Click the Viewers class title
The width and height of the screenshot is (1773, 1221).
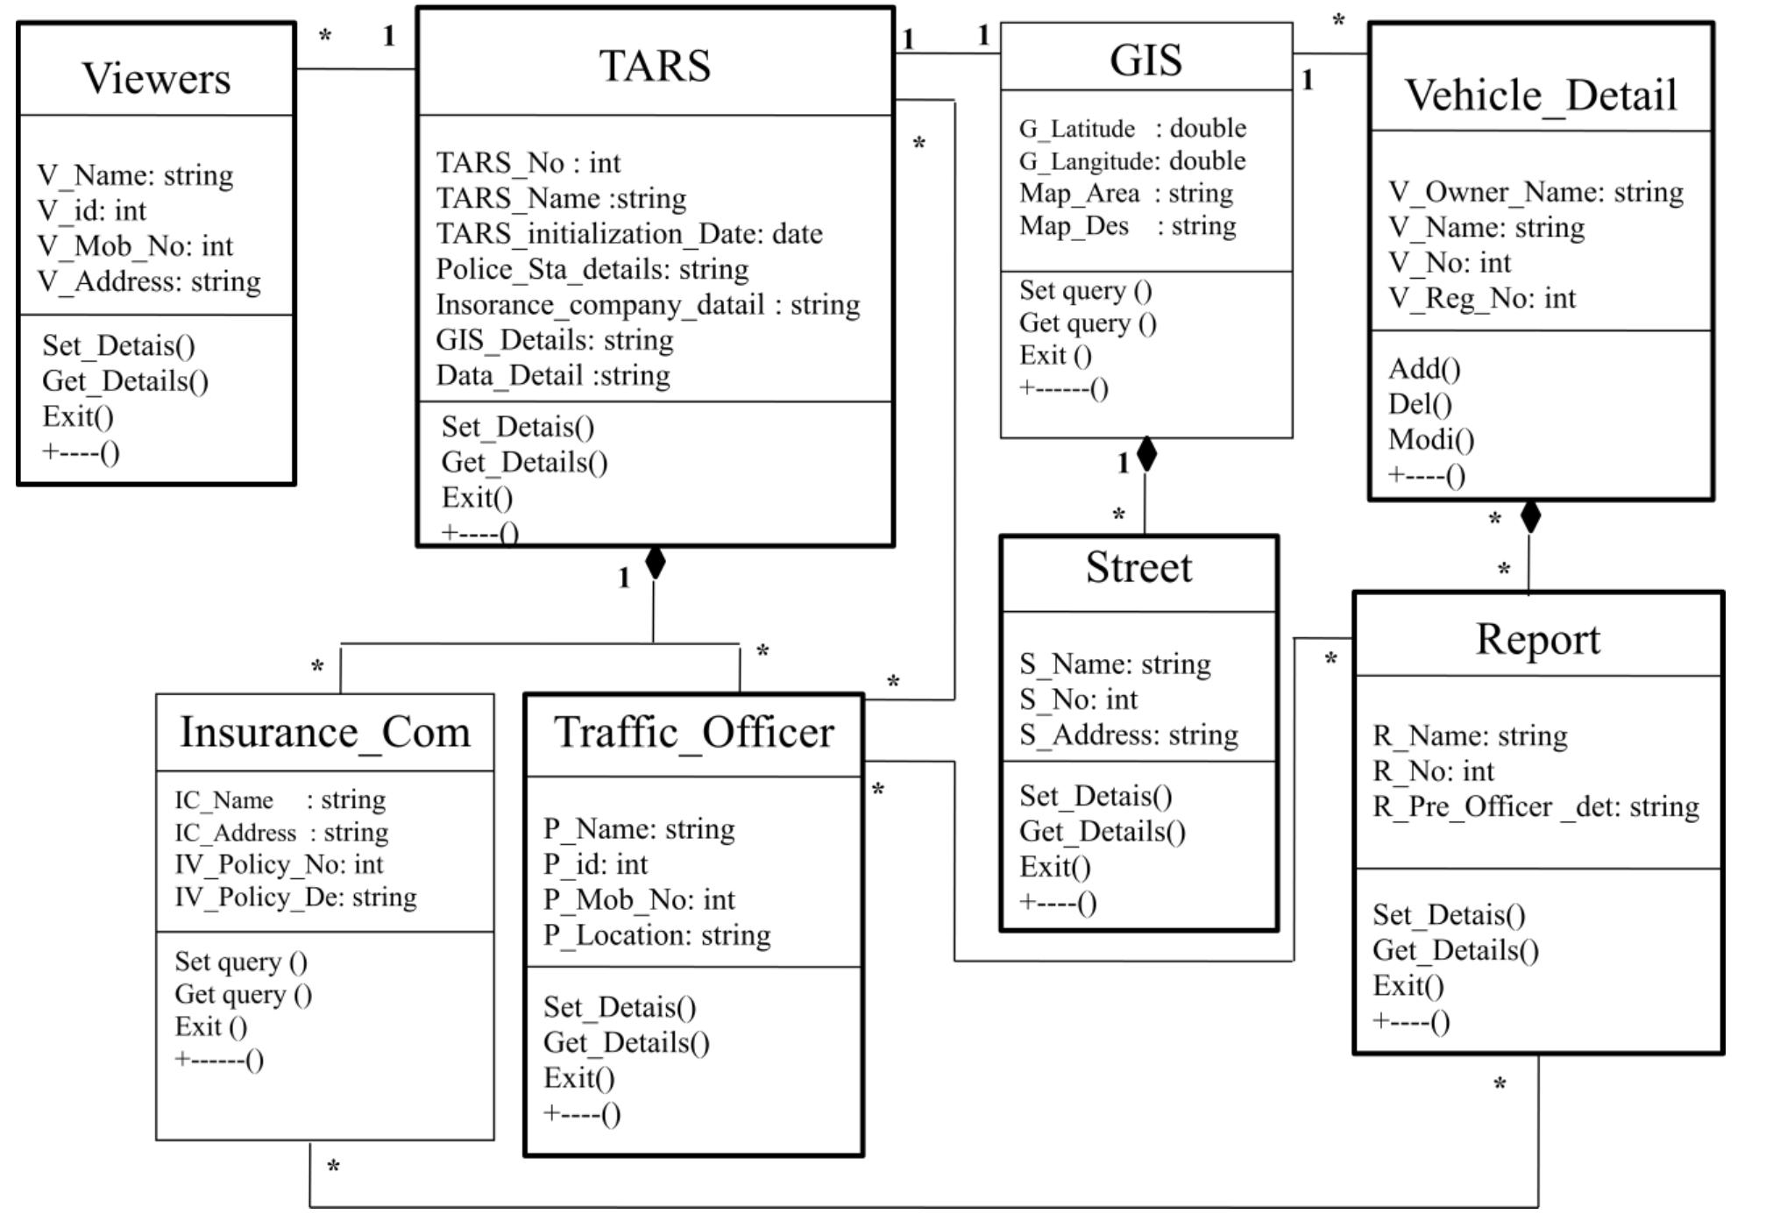tap(156, 78)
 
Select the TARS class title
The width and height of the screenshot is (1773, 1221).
tap(655, 66)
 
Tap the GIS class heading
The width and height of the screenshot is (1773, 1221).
tap(1145, 60)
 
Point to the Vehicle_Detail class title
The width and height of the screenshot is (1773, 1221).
tap(1541, 95)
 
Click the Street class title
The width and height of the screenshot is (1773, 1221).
tap(1138, 567)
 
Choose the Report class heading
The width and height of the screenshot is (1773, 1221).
tap(1537, 638)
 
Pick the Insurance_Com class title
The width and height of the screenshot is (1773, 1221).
tap(325, 732)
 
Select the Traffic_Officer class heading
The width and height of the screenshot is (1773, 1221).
tap(693, 732)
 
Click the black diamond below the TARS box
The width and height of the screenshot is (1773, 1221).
tap(655, 563)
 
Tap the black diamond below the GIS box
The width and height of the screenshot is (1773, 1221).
tap(1145, 454)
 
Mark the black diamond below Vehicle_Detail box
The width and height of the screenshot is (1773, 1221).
tap(1530, 516)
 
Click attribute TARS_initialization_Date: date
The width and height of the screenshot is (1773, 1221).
tap(629, 234)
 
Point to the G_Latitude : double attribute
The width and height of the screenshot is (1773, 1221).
tap(1131, 128)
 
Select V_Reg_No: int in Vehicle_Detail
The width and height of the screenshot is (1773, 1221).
tap(1481, 298)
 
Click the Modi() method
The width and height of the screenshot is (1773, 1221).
tap(1430, 439)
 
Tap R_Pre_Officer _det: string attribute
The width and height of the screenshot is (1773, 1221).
tap(1535, 806)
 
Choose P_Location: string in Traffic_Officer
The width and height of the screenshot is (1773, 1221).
tap(656, 935)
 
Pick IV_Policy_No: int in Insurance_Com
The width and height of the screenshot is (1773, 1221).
tap(279, 865)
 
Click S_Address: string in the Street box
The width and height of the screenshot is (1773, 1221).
tap(1128, 735)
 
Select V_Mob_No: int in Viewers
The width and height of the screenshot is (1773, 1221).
tap(135, 246)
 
